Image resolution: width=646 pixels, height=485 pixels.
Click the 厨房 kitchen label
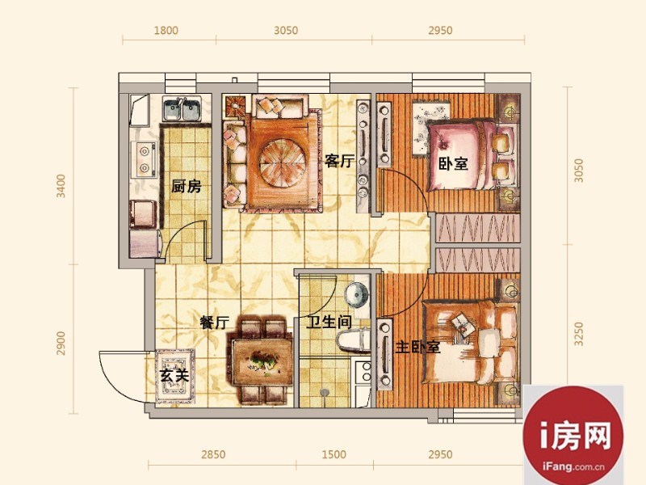[x=187, y=187]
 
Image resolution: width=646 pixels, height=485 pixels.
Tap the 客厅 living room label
[x=339, y=160]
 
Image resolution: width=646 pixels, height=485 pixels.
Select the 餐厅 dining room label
[x=214, y=322]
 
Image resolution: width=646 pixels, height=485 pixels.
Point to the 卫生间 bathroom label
[x=329, y=322]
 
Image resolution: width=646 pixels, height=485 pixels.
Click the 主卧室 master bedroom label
[x=417, y=347]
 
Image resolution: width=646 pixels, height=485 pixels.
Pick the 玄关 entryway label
[x=174, y=375]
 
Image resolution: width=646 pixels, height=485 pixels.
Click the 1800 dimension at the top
[x=166, y=31]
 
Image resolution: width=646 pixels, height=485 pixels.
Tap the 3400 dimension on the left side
[x=61, y=186]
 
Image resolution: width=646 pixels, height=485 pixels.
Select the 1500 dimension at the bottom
[x=333, y=454]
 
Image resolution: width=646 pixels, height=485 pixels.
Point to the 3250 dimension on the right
[x=579, y=334]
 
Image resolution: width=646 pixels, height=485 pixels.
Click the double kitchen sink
[x=182, y=108]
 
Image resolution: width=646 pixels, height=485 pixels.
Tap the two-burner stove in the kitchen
[x=145, y=159]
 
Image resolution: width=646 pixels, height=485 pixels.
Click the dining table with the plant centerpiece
[x=262, y=362]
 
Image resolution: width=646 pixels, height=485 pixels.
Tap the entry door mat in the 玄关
[x=175, y=376]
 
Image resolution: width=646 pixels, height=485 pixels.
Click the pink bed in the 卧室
[x=470, y=155]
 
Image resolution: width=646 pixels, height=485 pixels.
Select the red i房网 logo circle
[x=573, y=435]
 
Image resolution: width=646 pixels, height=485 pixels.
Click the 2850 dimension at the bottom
[x=213, y=454]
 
